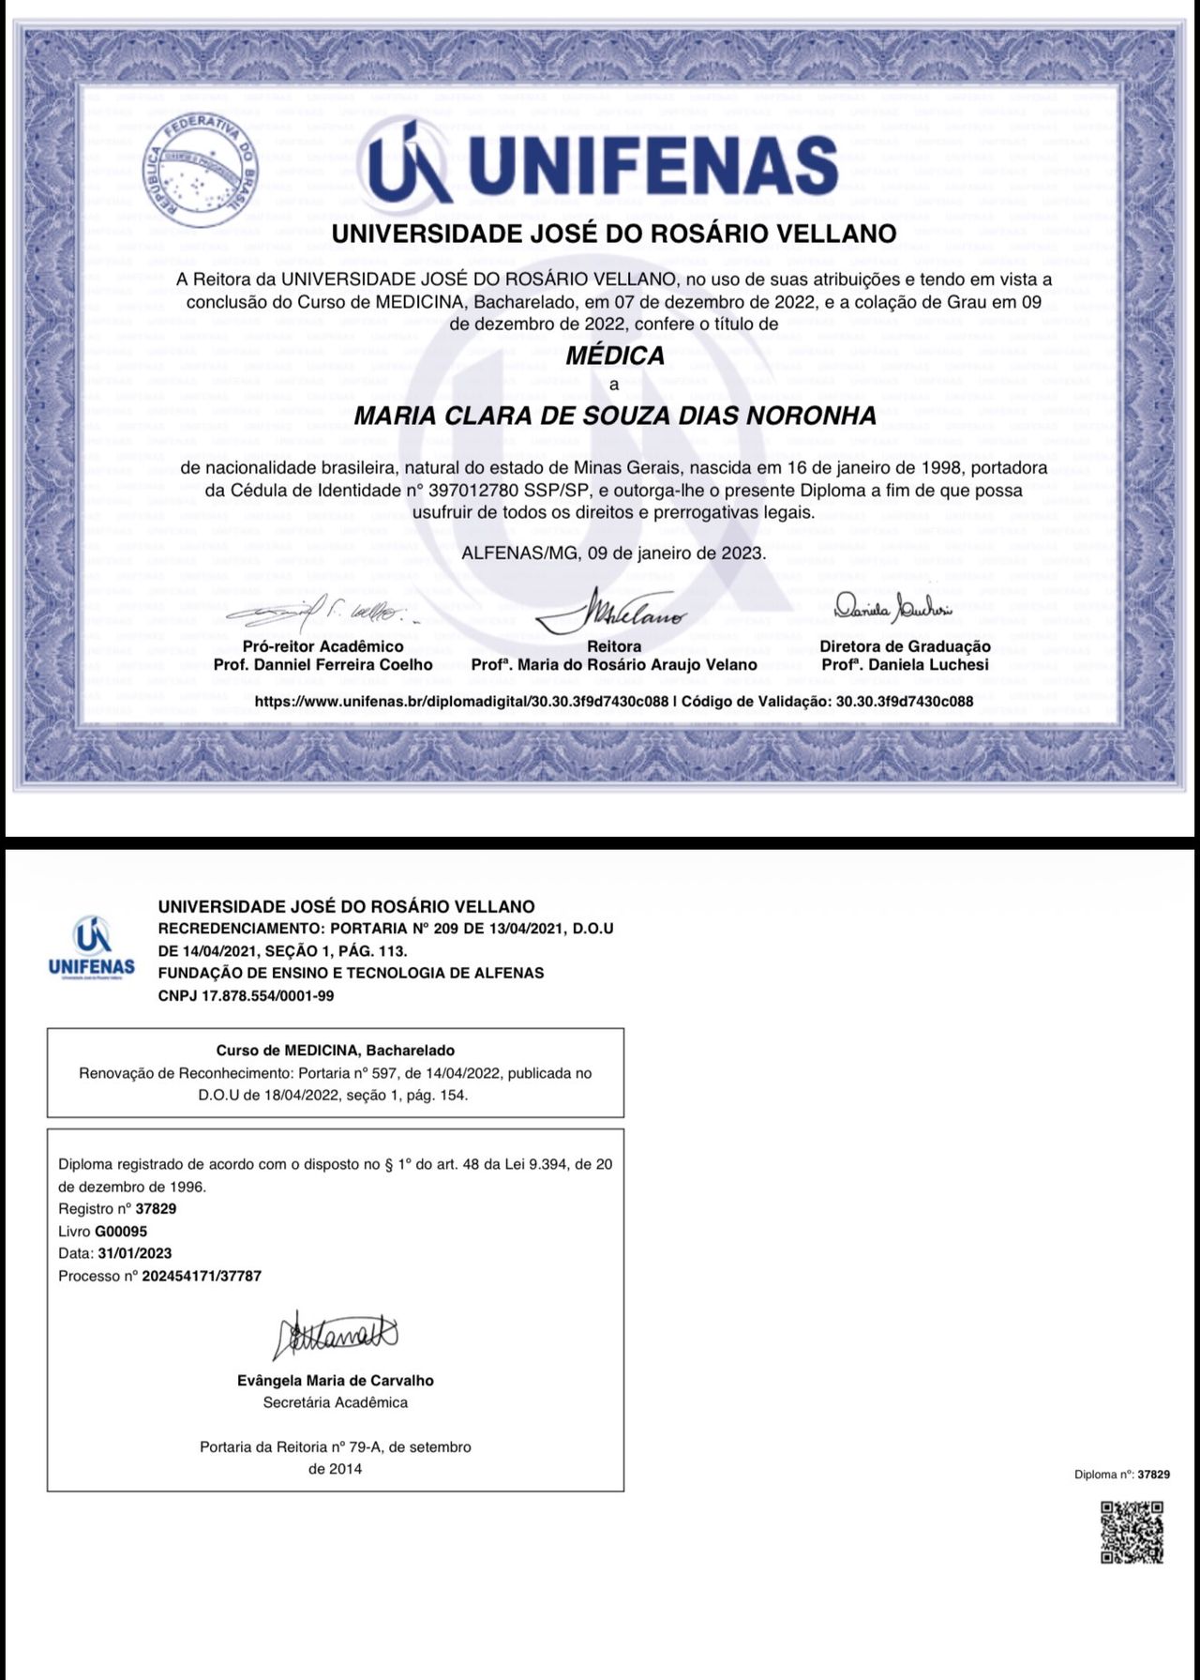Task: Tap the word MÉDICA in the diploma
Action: [x=615, y=356]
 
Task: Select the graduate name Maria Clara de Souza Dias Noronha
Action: [x=615, y=415]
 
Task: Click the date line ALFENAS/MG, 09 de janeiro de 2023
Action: [x=614, y=552]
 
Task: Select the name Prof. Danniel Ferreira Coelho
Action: [x=323, y=664]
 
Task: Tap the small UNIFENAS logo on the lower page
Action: [x=92, y=947]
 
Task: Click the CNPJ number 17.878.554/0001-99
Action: [x=246, y=995]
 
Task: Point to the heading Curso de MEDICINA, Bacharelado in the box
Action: [x=336, y=1051]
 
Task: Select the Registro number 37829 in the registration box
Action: [x=156, y=1208]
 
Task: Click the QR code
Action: [x=1132, y=1532]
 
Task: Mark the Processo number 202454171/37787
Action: [x=202, y=1276]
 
